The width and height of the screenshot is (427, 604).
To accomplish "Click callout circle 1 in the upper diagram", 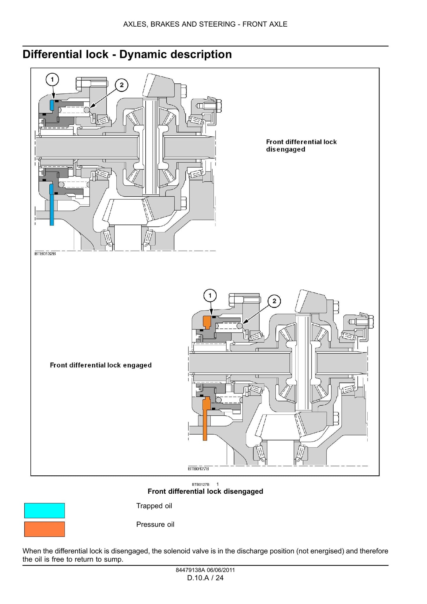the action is coord(52,79).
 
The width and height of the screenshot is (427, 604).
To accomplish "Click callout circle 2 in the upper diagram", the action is coord(121,85).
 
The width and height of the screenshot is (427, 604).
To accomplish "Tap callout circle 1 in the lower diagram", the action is coord(210,295).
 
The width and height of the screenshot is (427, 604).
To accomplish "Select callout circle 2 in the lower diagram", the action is coord(274,301).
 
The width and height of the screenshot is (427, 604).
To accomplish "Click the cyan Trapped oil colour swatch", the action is coord(44,510).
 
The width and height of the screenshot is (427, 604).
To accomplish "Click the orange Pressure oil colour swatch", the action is coord(44,529).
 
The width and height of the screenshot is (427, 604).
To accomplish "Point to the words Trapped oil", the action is coord(154,506).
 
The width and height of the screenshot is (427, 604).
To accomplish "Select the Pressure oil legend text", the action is coord(155,524).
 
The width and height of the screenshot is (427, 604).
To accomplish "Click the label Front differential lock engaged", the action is coord(101,365).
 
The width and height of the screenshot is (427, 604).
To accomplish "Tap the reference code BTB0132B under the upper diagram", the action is coord(45,254).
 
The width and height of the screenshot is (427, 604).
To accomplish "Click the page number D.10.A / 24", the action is coord(205,578).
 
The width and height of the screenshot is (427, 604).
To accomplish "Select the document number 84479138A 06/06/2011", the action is coord(205,570).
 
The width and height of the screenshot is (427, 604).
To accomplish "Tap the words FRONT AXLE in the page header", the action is coord(265,24).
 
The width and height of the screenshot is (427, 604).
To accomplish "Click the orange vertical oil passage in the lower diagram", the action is coord(205,420).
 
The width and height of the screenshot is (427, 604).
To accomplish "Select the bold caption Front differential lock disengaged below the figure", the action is coord(205,491).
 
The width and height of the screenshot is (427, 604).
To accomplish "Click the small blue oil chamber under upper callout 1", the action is coord(52,105).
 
